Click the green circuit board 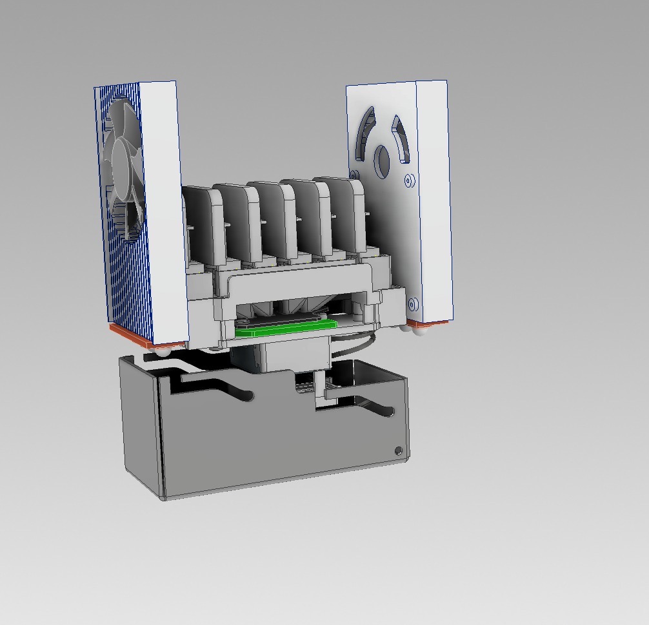(284, 331)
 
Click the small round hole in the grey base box (397, 450)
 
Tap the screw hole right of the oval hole (408, 181)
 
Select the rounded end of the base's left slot (246, 394)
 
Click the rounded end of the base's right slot (388, 410)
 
